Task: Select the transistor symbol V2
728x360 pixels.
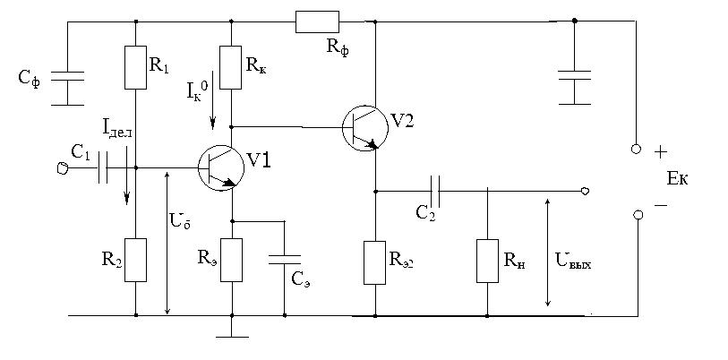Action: (x=364, y=128)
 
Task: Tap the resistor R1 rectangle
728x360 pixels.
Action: (x=135, y=67)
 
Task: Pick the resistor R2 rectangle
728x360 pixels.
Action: (x=135, y=260)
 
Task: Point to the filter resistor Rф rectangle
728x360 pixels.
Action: (x=317, y=21)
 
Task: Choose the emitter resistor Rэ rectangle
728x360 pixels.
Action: (x=232, y=260)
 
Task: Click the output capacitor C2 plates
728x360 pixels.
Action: (x=436, y=190)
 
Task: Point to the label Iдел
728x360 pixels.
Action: (x=118, y=132)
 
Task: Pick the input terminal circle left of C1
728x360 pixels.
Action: (x=62, y=167)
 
